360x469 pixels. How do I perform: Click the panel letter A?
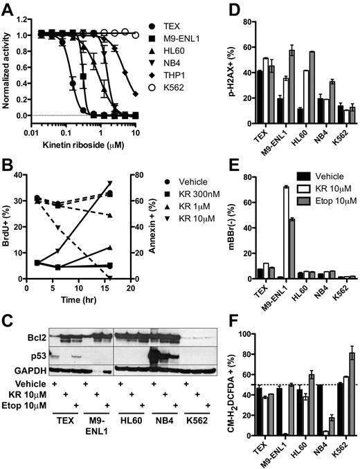tap(6, 6)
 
